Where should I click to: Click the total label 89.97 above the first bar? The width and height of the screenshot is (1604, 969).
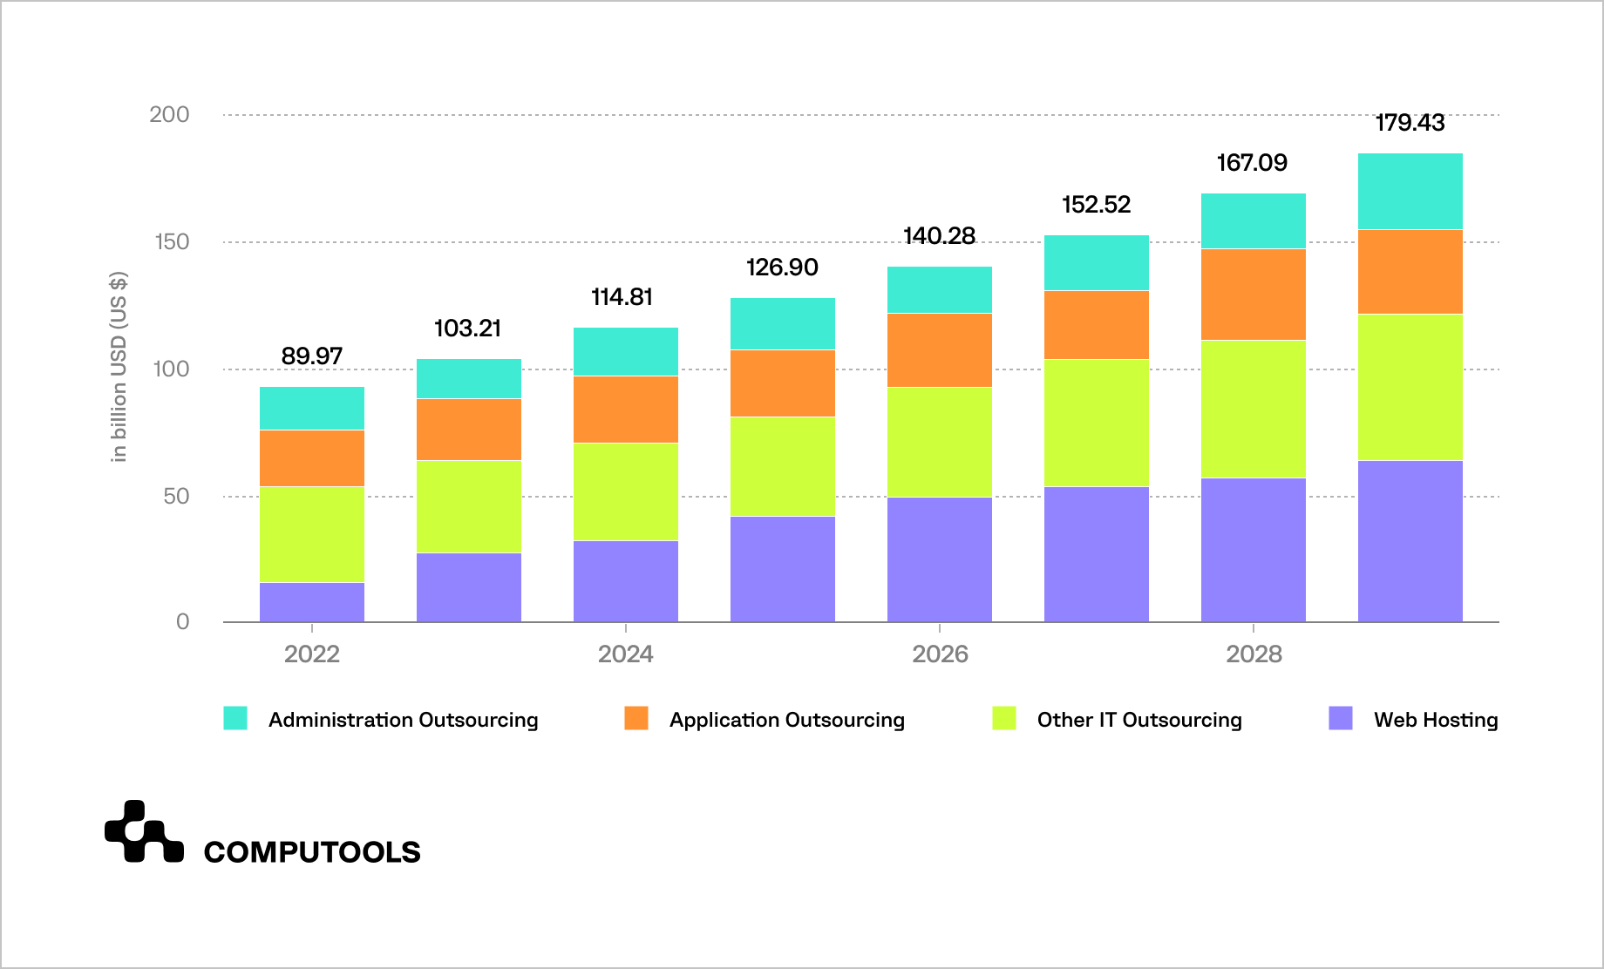click(x=311, y=356)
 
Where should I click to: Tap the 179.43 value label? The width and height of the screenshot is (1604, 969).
click(x=1410, y=123)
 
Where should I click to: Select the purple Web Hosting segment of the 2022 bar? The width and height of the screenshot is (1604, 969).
click(x=311, y=602)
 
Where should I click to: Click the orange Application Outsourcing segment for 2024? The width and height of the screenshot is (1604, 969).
click(x=625, y=410)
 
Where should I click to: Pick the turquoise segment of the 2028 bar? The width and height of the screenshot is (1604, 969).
click(x=1253, y=221)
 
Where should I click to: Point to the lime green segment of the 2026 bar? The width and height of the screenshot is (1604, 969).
click(x=939, y=442)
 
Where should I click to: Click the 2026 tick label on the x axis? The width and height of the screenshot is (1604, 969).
click(x=939, y=654)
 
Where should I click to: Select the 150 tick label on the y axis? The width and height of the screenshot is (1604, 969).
click(x=172, y=242)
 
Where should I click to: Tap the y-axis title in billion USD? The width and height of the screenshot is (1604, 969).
click(x=119, y=367)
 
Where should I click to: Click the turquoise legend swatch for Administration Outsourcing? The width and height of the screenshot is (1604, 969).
click(x=235, y=718)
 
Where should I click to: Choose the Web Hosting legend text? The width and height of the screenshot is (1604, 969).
click(x=1435, y=720)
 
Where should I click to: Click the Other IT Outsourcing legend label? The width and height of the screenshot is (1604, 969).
click(x=1138, y=720)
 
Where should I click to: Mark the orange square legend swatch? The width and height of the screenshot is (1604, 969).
click(x=636, y=718)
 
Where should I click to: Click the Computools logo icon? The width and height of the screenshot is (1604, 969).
click(x=144, y=831)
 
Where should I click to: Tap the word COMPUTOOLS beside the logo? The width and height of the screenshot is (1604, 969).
click(x=312, y=851)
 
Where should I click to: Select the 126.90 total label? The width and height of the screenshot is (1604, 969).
click(x=782, y=268)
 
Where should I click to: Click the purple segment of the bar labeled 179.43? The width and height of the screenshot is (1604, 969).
click(x=1410, y=540)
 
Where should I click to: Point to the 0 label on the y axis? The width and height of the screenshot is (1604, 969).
click(x=182, y=622)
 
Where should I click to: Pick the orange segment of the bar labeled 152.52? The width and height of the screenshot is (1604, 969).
click(x=1096, y=325)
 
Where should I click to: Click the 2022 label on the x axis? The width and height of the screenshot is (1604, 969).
click(x=311, y=654)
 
